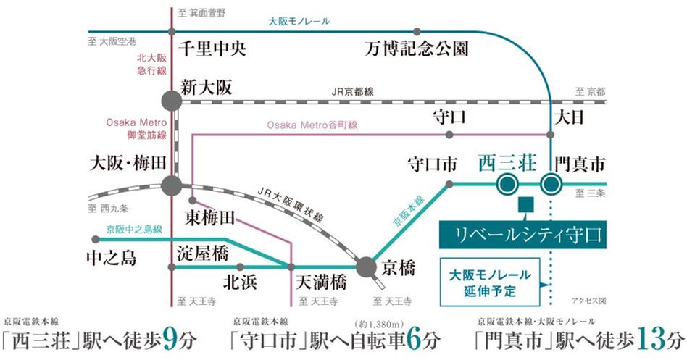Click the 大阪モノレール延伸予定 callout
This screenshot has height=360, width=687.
click(491, 282)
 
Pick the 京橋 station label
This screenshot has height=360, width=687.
click(399, 269)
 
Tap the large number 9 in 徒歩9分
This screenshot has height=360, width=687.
click(172, 338)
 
